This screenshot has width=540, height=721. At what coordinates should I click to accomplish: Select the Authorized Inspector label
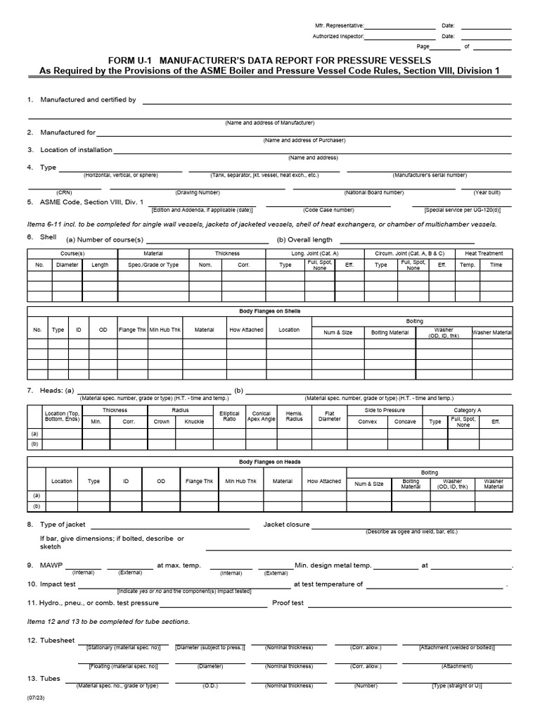339,36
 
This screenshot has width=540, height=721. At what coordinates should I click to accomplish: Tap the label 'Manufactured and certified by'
88,100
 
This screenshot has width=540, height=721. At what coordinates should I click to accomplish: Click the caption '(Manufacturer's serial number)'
428,175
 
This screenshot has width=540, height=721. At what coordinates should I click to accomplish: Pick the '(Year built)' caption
487,192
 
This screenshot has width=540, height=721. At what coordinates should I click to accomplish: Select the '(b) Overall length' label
304,239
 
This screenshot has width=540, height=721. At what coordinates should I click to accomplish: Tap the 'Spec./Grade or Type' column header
153,265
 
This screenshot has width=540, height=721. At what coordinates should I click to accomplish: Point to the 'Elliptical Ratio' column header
229,417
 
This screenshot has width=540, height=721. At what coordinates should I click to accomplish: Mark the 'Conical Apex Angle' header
261,417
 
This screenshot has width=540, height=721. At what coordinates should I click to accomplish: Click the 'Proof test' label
288,603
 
